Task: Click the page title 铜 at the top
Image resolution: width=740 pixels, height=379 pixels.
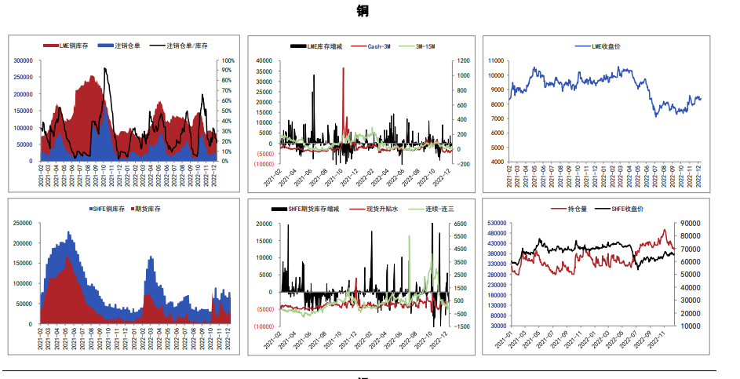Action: [362, 11]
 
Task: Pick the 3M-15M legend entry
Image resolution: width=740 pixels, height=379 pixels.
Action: [423, 46]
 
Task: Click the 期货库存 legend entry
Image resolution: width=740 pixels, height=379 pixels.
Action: [150, 209]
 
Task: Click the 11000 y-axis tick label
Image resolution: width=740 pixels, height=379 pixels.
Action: [497, 60]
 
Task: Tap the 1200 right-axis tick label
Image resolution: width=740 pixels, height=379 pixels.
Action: [463, 60]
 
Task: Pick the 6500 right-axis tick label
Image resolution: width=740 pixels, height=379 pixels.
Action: [463, 224]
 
